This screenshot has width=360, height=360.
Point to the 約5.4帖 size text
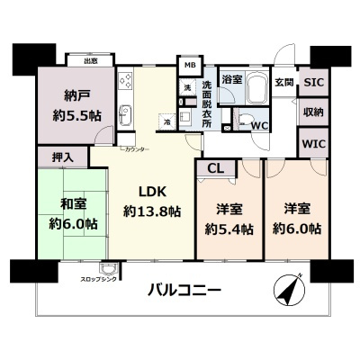[226, 229]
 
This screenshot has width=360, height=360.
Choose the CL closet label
[216, 168]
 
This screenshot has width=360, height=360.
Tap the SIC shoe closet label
[312, 82]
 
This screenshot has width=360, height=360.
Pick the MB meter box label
[190, 66]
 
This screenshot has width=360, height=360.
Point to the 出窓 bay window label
[91, 61]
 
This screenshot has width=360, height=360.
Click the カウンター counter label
[135, 147]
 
